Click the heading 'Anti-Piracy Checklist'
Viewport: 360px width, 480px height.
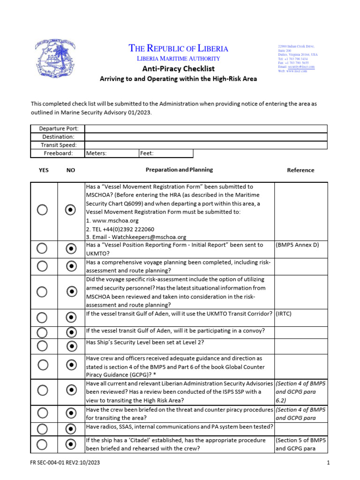pyautogui.click(x=178, y=68)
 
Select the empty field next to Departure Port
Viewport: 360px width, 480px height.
pyautogui.click(x=205, y=129)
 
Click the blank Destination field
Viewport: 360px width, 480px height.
pyautogui.click(x=205, y=137)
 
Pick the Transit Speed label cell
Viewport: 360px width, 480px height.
pyautogui.click(x=57, y=145)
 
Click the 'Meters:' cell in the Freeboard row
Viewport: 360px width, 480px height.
pyautogui.click(x=111, y=153)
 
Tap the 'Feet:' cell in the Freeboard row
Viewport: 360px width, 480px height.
pyautogui.click(x=165, y=153)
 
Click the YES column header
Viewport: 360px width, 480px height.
pyautogui.click(x=43, y=170)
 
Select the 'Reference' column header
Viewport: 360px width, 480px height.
pyautogui.click(x=300, y=170)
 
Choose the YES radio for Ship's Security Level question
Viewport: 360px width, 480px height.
pyautogui.click(x=42, y=346)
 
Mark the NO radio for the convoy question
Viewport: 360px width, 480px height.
pyautogui.click(x=71, y=332)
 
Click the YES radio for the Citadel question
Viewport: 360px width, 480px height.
pyautogui.click(x=42, y=444)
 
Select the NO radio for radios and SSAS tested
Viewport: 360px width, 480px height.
pyautogui.click(x=71, y=428)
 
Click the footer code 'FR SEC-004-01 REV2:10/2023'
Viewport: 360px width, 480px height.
pyautogui.click(x=65, y=463)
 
